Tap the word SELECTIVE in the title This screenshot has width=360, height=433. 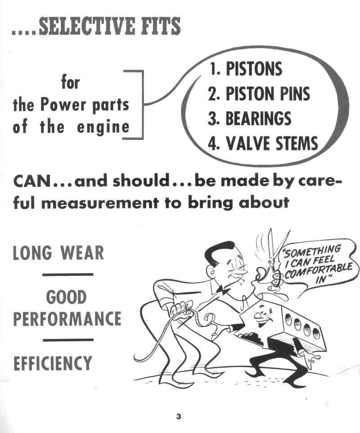87,26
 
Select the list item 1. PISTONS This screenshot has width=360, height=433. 246,69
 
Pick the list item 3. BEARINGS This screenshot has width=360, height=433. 250,118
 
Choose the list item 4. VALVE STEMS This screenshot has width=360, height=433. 263,143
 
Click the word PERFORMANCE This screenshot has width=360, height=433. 67,318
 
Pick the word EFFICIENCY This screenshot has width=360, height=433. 53,363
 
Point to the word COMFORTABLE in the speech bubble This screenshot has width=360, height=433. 319,271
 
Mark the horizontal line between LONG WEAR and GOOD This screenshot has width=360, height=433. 68,275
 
